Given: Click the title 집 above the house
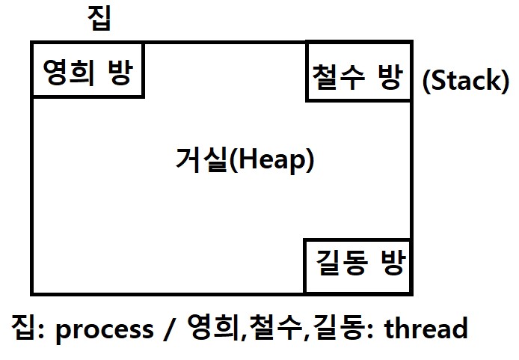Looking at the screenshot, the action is tap(99, 18).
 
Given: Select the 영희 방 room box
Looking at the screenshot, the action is tap(87, 70).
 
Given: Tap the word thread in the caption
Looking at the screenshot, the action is tap(426, 329).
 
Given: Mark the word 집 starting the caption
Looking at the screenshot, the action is tap(23, 329).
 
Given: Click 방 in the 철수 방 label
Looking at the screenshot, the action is tap(390, 76).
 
